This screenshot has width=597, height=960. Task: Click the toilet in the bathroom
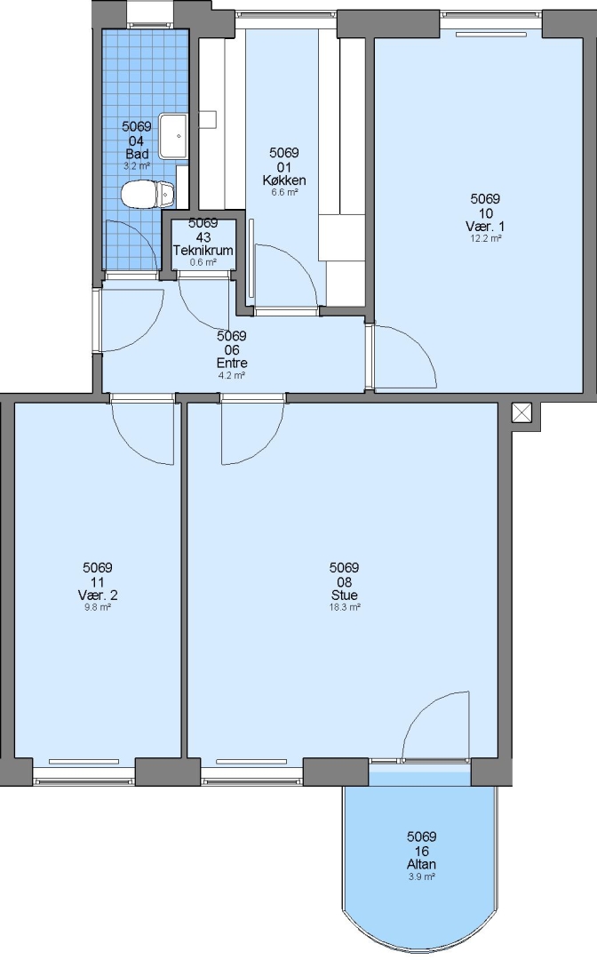pos(147,195)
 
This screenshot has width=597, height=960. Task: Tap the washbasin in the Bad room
pos(174,135)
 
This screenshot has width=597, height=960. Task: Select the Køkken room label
pos(283,180)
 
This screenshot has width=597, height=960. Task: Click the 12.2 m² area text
pos(486,239)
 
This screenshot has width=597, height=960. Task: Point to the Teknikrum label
pos(203,251)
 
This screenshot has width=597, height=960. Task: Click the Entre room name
pos(232,363)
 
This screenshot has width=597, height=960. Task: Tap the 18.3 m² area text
pos(345,607)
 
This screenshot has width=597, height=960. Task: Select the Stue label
pos(345,595)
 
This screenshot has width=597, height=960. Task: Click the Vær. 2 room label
pos(97,595)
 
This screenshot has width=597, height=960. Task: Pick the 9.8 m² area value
pos(97,607)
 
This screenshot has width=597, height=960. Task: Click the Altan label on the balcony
pos(421,865)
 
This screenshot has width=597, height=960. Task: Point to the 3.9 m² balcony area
pos(421,876)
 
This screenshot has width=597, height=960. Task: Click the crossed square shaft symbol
pos(521,412)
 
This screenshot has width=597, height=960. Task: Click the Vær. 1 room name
pos(485,227)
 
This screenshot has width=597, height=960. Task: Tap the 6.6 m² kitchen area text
pos(284,193)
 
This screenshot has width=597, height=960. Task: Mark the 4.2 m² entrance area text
pos(232,375)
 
